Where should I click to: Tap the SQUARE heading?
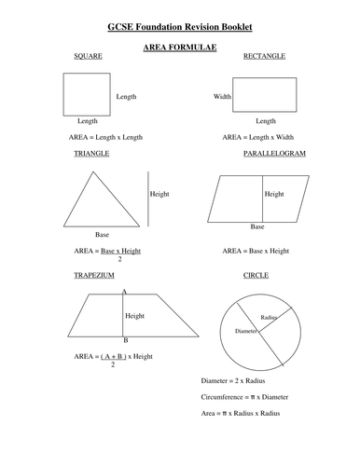[x=88, y=56]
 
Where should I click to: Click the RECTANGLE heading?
[x=264, y=56]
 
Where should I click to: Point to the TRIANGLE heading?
[x=91, y=151]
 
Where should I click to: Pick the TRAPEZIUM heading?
[x=93, y=277]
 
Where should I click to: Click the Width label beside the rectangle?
[x=221, y=96]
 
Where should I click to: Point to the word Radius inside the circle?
[x=270, y=318]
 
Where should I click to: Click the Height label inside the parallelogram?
[x=274, y=195]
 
